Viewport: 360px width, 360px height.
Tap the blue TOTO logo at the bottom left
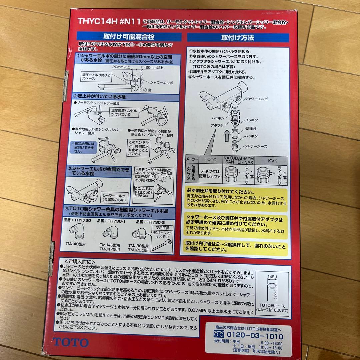[x=71, y=342]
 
